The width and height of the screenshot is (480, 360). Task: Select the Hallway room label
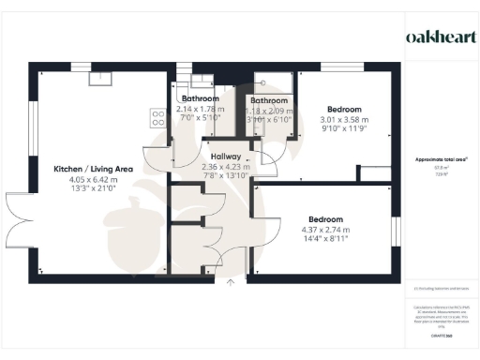pos(226,157)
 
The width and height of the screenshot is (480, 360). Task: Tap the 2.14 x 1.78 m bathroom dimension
pos(200,108)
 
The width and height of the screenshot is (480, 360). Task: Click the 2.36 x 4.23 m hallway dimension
pos(226,167)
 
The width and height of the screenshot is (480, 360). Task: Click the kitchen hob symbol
pos(156,118)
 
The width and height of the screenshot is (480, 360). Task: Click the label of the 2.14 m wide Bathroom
pos(200,98)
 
